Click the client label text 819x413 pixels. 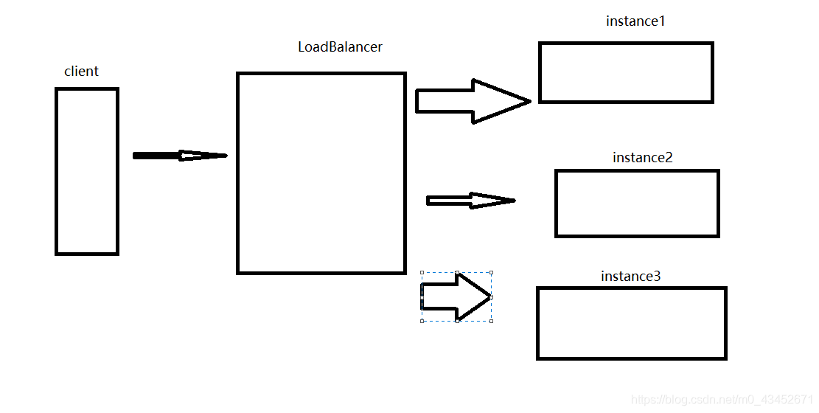pos(81,72)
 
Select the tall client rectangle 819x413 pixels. pos(87,171)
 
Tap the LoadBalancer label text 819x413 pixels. pos(340,47)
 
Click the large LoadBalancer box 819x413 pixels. pos(321,173)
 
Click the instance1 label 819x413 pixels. pos(635,21)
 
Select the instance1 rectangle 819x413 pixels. pos(626,72)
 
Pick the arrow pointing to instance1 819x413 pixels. pos(472,101)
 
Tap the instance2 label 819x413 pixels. pos(642,158)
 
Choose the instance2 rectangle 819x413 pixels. pos(637,204)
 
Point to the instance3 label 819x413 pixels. pos(630,277)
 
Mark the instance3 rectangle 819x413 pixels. pos(632,323)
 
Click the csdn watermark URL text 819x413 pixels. pos(722,400)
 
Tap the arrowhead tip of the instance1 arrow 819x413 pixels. pos(529,101)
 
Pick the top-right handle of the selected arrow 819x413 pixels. pos(492,272)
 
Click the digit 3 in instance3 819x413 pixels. pos(657,277)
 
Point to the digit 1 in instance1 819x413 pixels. pos(662,21)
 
